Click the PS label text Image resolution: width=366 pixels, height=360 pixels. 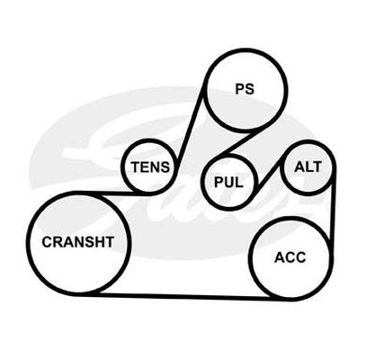pyautogui.click(x=245, y=89)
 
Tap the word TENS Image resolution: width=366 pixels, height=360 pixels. pyautogui.click(x=150, y=166)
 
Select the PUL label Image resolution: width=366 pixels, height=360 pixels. pyautogui.click(x=228, y=182)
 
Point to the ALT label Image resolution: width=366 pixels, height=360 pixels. pyautogui.click(x=308, y=166)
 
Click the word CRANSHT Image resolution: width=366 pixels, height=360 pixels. pyautogui.click(x=78, y=242)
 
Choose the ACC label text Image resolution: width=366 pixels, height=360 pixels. pyautogui.click(x=290, y=257)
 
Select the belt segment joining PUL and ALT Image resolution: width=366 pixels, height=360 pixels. pyautogui.click(x=269, y=173)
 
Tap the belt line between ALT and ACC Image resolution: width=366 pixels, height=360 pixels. pyautogui.click(x=333, y=207)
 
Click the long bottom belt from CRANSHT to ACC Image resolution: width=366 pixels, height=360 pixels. pyautogui.click(x=187, y=296)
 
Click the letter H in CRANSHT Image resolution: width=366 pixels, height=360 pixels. pyautogui.click(x=99, y=242)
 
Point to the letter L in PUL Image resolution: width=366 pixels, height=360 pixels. pyautogui.click(x=239, y=182)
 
